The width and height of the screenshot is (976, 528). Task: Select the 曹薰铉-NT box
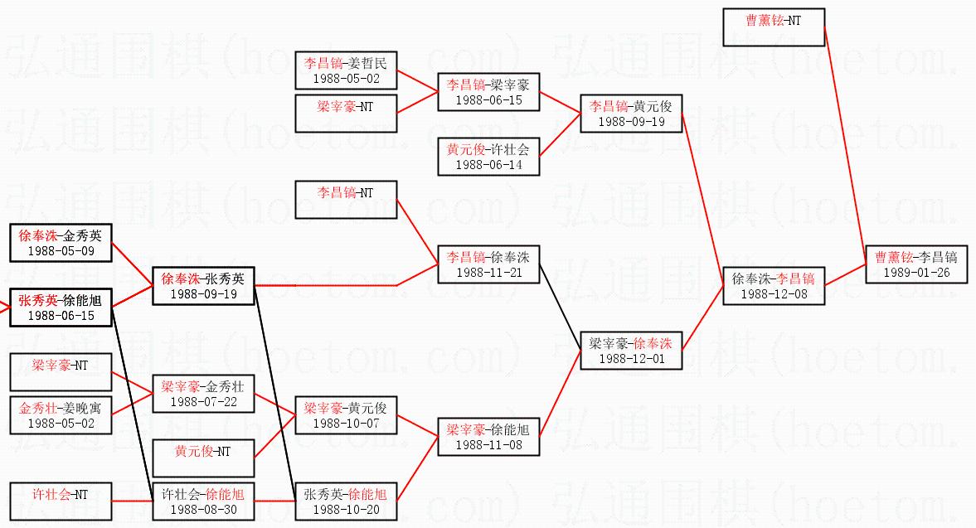(773, 27)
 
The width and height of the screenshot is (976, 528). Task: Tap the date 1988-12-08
(773, 294)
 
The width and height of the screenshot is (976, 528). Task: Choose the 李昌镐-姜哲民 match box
(346, 70)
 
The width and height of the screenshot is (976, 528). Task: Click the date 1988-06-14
(488, 164)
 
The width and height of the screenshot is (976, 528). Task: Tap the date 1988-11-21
(488, 272)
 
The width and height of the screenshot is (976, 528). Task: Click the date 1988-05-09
(61, 249)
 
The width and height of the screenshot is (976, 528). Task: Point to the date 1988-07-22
(203, 401)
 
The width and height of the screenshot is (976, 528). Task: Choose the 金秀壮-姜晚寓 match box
(61, 415)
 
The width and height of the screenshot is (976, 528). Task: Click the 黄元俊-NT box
(203, 458)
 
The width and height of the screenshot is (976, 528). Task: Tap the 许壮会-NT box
(61, 501)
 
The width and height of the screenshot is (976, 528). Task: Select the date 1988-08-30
(203, 509)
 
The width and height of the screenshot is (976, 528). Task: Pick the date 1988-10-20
(346, 509)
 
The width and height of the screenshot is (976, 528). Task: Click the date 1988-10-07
(346, 423)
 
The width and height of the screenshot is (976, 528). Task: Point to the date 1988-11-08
(488, 444)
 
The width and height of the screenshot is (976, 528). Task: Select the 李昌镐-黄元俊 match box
(630, 114)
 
